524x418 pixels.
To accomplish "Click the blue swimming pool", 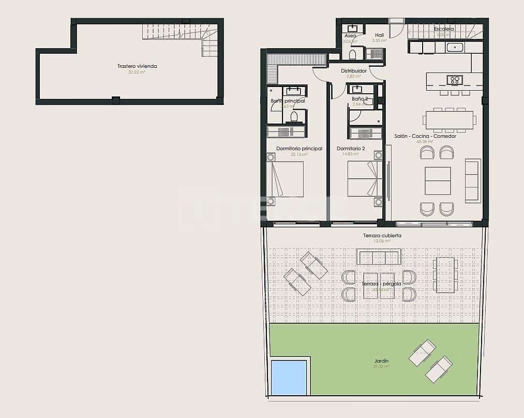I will pyautogui.click(x=288, y=378).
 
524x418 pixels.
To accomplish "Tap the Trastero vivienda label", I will pyautogui.click(x=137, y=66).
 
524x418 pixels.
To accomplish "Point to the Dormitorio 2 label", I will pyautogui.click(x=351, y=149).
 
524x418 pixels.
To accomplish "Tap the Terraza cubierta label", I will pyautogui.click(x=382, y=236).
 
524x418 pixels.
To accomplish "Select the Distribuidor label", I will pyautogui.click(x=354, y=71).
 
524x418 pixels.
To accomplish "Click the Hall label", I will pyautogui.click(x=379, y=35).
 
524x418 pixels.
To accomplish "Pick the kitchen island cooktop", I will pyautogui.click(x=454, y=80).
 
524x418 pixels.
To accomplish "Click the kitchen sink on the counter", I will pyautogui.click(x=455, y=47).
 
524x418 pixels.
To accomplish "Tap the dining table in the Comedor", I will pyautogui.click(x=449, y=120).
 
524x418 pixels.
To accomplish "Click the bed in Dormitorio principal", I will pyautogui.click(x=285, y=179).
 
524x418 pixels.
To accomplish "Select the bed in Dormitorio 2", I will pyautogui.click(x=365, y=179).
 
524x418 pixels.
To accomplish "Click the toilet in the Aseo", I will pyautogui.click(x=352, y=54).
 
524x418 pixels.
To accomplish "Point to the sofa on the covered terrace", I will pyautogui.click(x=379, y=257).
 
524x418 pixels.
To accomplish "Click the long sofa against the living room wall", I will pyautogui.click(x=472, y=181).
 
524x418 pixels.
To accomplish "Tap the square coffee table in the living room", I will pyautogui.click(x=438, y=181).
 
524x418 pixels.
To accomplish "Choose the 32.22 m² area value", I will pyautogui.click(x=137, y=73).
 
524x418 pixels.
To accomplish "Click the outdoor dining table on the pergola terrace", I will pyautogui.click(x=445, y=275).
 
